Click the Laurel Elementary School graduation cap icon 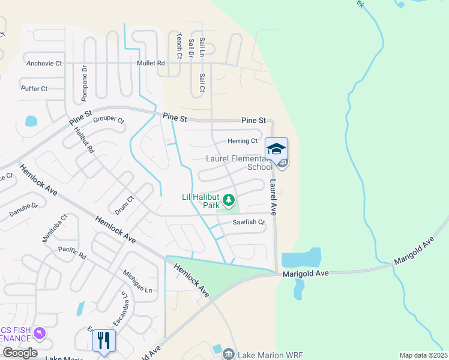click(277, 149)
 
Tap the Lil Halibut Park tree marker click(228, 199)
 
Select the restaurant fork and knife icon click(104, 340)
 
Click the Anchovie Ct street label click(44, 63)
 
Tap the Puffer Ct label click(34, 89)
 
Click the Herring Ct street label click(243, 141)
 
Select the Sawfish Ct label click(249, 222)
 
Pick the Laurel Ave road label click(273, 197)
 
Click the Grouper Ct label click(109, 119)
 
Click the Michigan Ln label click(137, 281)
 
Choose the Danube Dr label click(23, 209)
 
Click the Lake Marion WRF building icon click(228, 355)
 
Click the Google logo click(19, 353)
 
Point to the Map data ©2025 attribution click(423, 355)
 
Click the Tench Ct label click(179, 46)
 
